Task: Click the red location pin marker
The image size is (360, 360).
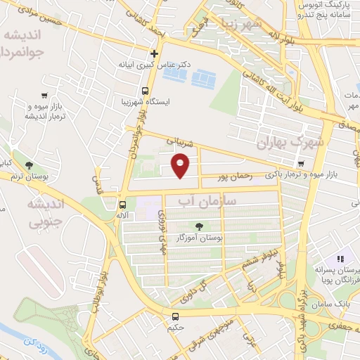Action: (181, 166)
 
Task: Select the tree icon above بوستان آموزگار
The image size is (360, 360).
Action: (200, 226)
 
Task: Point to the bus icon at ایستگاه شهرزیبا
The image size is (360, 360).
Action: (145, 91)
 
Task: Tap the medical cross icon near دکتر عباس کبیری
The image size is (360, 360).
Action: (154, 53)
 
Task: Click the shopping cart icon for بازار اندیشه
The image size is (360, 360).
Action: (46, 96)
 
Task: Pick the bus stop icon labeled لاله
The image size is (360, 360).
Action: (123, 205)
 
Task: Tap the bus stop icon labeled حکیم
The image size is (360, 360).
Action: (176, 317)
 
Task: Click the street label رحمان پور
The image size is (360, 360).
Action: (233, 177)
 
